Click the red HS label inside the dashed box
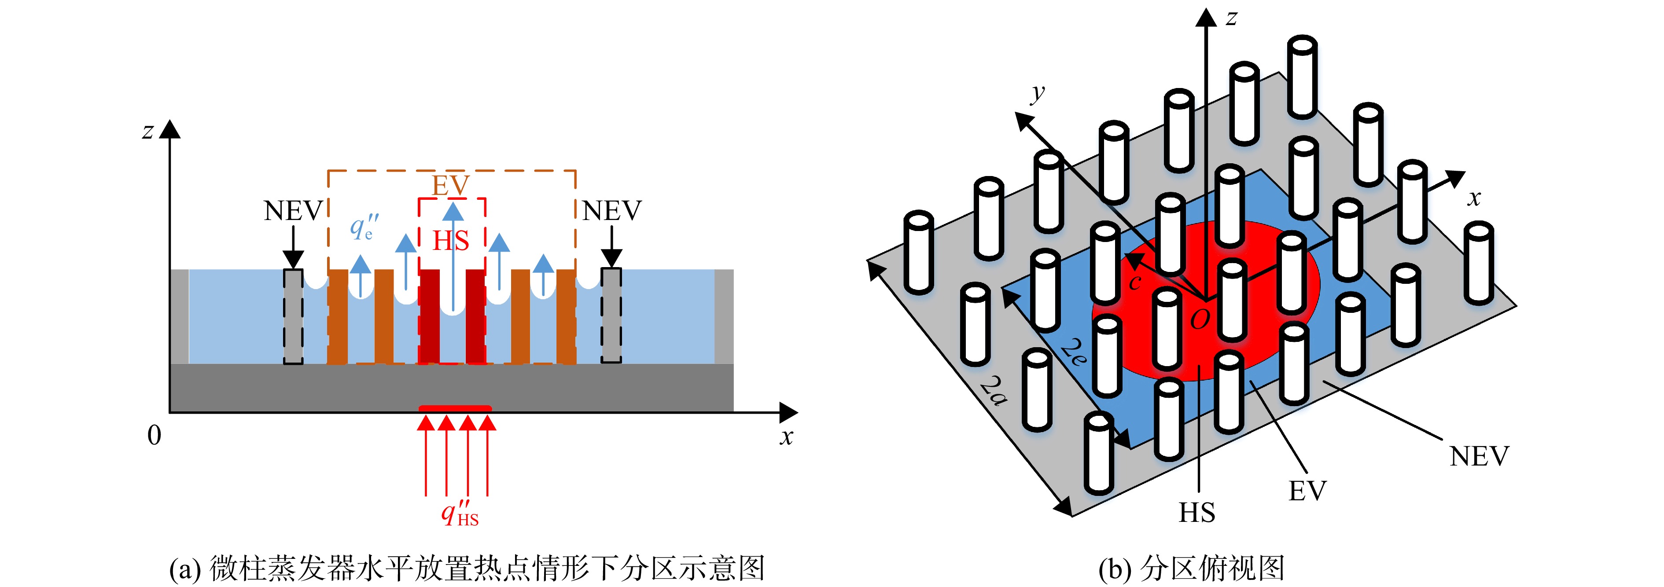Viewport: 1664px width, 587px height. click(450, 241)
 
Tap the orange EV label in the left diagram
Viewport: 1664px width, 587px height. click(450, 186)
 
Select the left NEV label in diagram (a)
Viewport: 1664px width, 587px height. click(293, 210)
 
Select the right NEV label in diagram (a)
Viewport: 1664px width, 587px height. click(612, 210)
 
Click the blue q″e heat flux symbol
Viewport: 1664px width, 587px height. click(364, 227)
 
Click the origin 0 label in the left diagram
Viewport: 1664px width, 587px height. click(154, 435)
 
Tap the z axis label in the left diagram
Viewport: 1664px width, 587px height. click(148, 131)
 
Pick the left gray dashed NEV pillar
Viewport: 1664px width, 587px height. click(293, 316)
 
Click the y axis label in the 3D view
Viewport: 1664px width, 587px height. click(1038, 94)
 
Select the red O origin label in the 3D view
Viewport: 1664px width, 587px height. click(1200, 319)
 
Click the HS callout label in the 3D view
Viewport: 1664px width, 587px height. click(1197, 513)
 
